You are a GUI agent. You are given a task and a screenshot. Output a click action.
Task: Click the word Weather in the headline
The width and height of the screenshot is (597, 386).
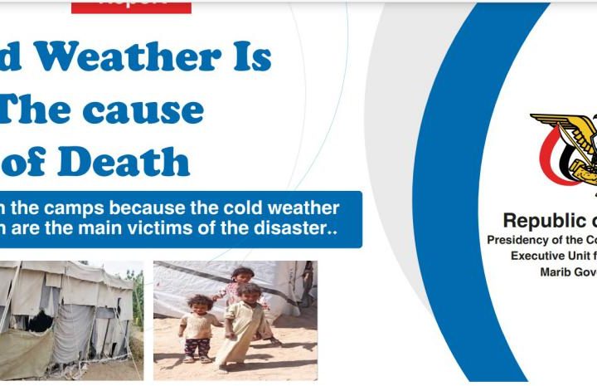tap(124, 58)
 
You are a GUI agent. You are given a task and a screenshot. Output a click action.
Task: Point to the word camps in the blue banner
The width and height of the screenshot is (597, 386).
tap(84, 208)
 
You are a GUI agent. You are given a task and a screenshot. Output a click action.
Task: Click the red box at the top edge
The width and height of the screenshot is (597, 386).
tap(131, 6)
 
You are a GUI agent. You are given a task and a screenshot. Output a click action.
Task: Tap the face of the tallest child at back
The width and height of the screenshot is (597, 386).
tap(242, 275)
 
